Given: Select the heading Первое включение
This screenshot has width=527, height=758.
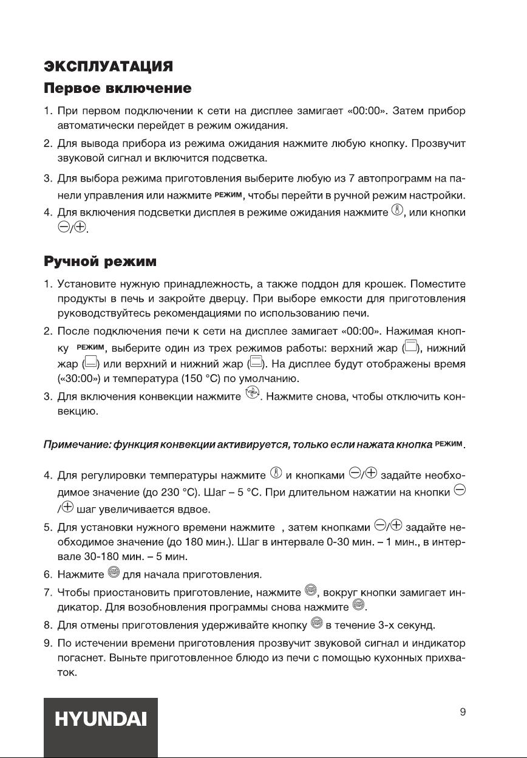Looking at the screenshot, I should tap(118, 89).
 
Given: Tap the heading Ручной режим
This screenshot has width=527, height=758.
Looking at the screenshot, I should tap(100, 262).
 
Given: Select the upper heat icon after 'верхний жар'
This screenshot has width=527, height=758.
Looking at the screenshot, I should tap(411, 349).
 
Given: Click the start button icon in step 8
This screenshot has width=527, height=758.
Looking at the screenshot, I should tap(316, 624).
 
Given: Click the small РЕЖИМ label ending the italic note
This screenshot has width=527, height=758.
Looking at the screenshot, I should tap(450, 446).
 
